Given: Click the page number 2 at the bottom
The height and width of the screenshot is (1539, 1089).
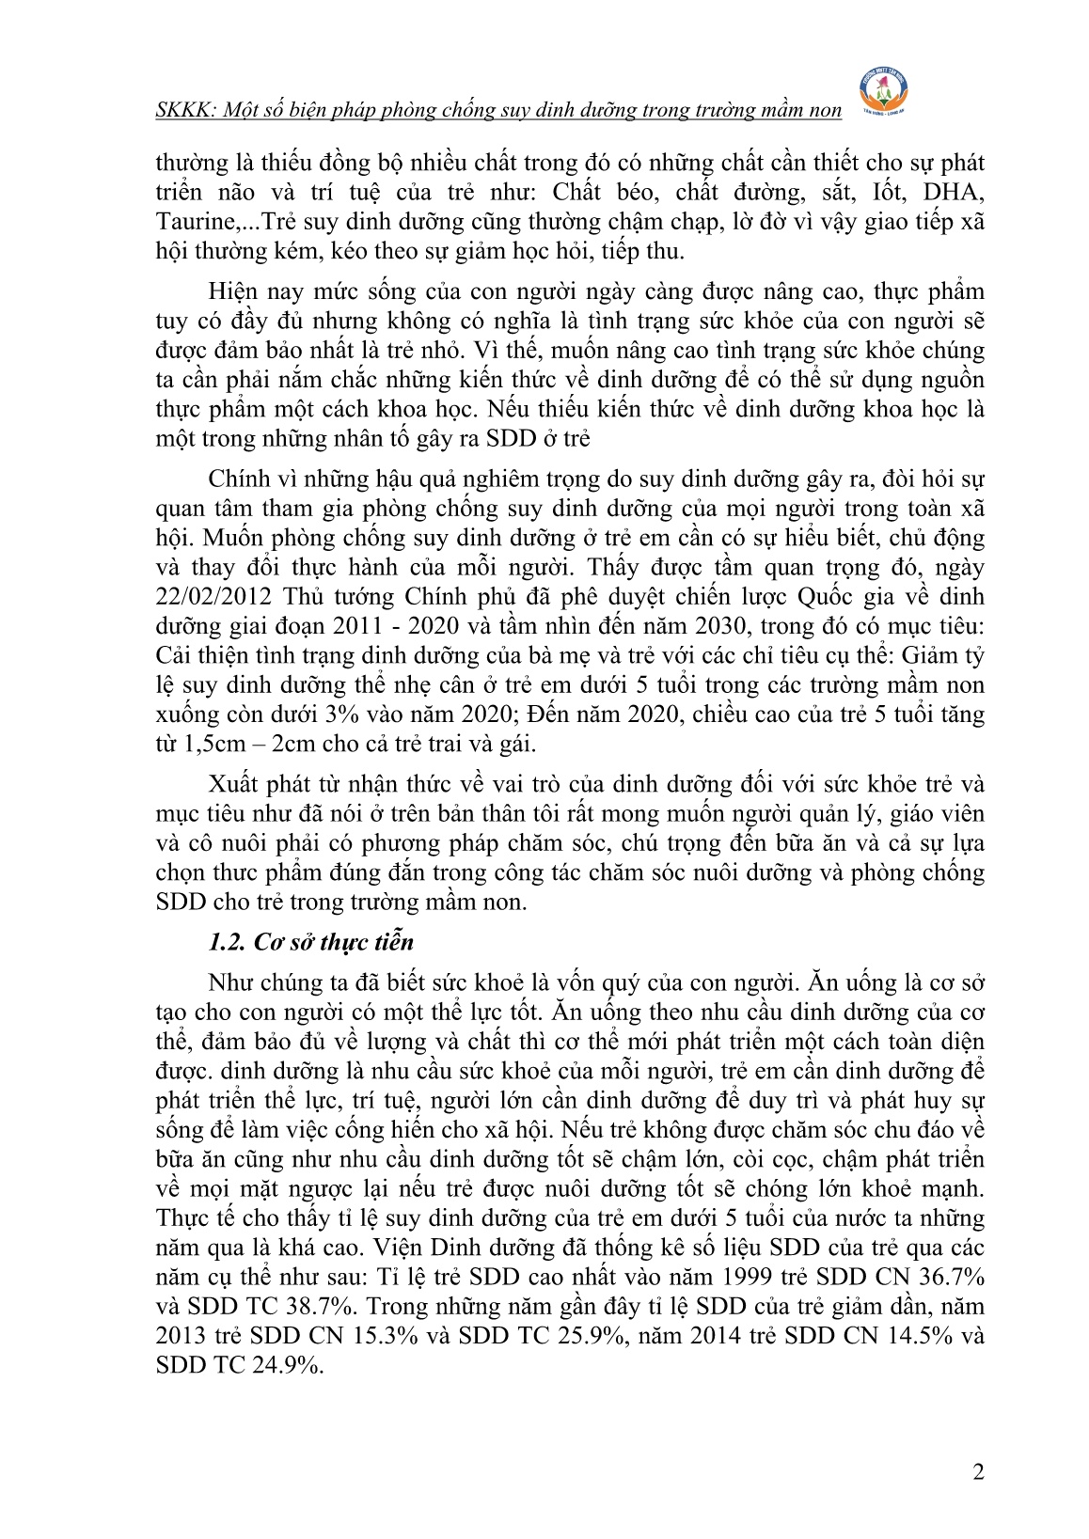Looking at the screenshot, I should tap(978, 1472).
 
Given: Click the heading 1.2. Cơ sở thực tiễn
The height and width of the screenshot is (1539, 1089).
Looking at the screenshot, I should tap(310, 942).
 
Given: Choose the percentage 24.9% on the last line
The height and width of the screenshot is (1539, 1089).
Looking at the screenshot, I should tap(286, 1366).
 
